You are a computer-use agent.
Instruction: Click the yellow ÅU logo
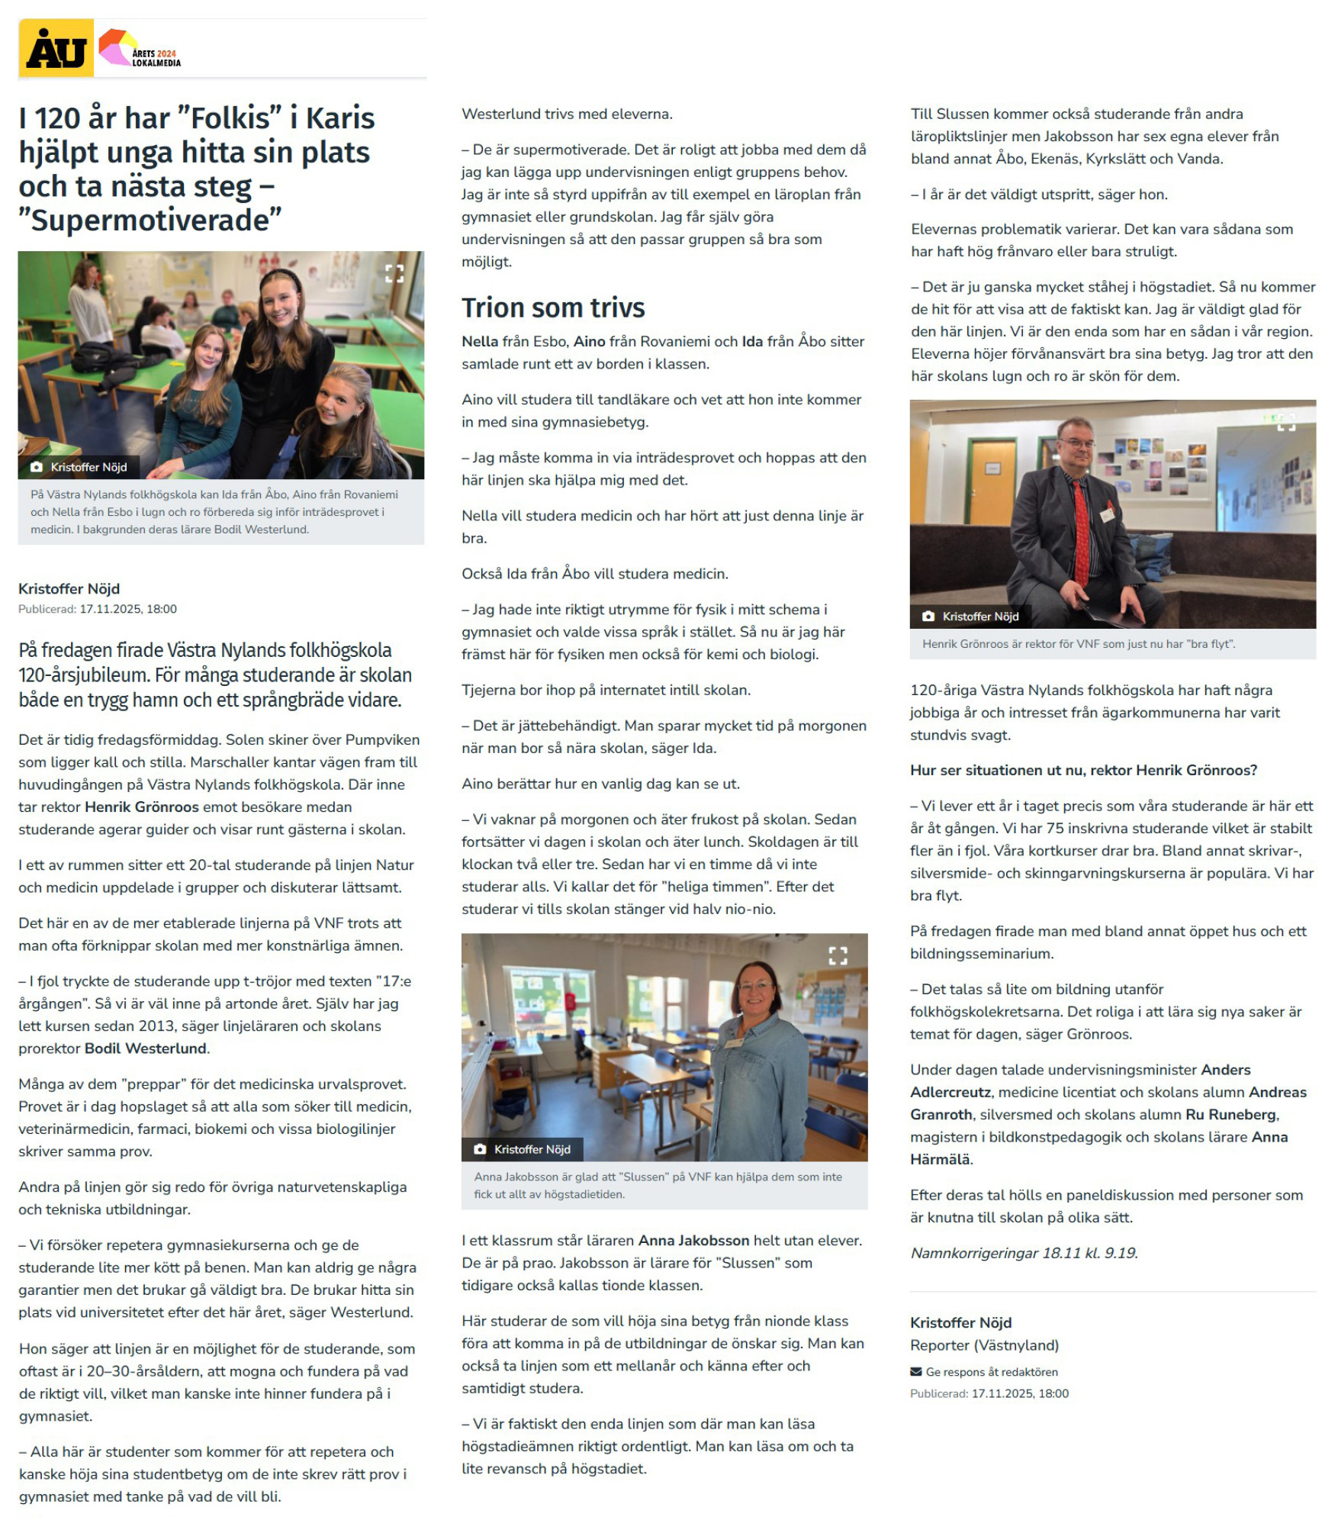(x=56, y=49)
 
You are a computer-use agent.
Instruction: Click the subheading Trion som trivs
(x=552, y=307)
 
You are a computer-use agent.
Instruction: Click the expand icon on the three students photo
(x=394, y=273)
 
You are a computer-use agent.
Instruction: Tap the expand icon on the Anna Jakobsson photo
(x=837, y=955)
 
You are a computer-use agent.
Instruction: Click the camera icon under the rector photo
(x=928, y=616)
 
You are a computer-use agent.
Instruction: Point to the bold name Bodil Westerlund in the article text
(x=145, y=1048)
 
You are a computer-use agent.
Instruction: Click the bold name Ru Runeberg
(x=1231, y=1114)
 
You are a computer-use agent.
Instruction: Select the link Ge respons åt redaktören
(x=991, y=1371)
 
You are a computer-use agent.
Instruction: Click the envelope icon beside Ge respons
(x=915, y=1371)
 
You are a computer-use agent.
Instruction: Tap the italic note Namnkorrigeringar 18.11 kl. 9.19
(x=1023, y=1253)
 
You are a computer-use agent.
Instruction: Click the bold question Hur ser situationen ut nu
(x=1082, y=770)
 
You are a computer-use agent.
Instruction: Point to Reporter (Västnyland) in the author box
(x=983, y=1344)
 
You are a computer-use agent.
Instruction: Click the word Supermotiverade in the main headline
(x=150, y=221)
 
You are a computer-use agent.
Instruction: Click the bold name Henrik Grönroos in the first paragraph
(x=141, y=807)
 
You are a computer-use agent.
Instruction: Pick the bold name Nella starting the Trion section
(x=479, y=341)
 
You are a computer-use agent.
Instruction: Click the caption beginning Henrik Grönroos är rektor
(x=1078, y=643)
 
